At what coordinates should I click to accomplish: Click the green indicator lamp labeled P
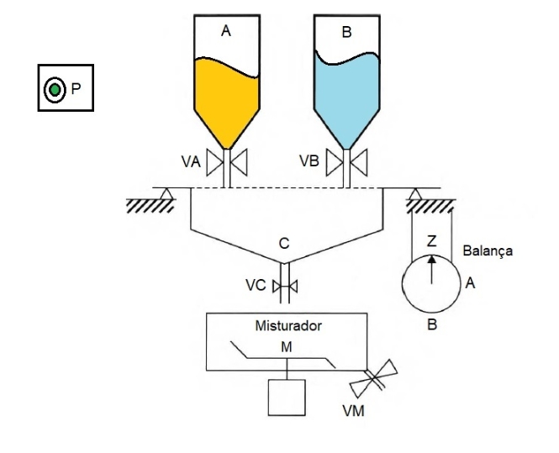coord(54,88)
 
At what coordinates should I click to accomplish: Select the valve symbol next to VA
coord(226,161)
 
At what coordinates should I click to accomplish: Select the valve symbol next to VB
coord(346,161)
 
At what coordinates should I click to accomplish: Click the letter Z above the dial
coord(432,241)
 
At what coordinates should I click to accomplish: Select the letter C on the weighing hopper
coord(286,244)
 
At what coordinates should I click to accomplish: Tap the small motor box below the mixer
coord(287,397)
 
